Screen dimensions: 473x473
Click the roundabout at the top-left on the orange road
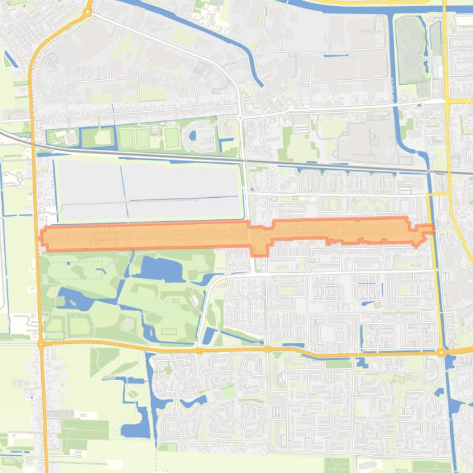(88, 11)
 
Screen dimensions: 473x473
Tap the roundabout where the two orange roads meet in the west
(41, 345)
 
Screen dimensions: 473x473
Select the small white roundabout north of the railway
(241, 117)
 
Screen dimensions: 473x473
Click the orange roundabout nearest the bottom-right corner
(441, 353)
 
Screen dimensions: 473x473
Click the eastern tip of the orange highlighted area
(432, 229)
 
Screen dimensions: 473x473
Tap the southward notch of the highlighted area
(260, 249)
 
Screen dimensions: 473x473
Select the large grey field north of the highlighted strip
(147, 189)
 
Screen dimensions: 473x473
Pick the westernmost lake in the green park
(69, 300)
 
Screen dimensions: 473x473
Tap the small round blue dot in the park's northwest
(68, 263)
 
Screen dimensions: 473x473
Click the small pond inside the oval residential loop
(193, 135)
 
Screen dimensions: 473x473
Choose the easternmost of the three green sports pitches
(171, 137)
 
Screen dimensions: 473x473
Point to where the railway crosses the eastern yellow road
(448, 173)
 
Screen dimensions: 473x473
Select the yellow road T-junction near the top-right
(447, 100)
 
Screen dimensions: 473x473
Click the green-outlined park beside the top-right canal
(410, 49)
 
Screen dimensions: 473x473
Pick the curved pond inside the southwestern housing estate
(190, 402)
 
